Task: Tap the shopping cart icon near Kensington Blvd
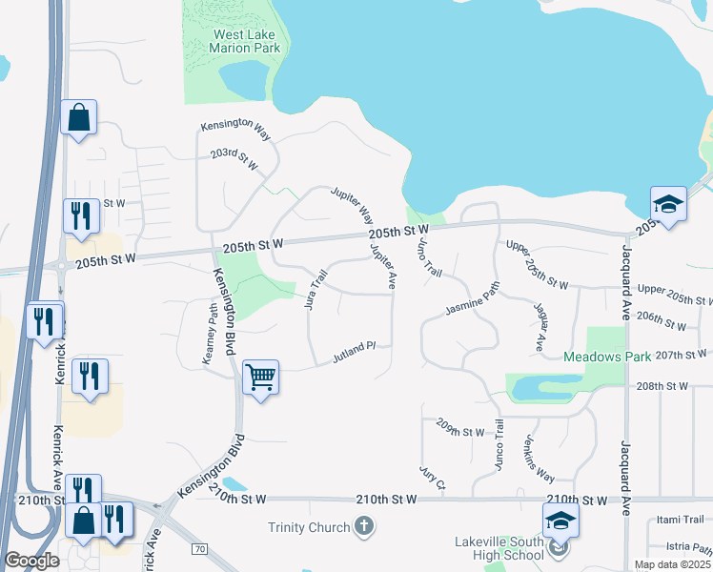(x=260, y=378)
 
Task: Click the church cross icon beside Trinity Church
(x=363, y=525)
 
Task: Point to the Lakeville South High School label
(x=497, y=549)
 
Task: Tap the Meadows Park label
(x=606, y=357)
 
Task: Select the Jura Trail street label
(x=316, y=289)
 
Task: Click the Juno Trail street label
(x=430, y=255)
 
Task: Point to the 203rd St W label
(x=235, y=159)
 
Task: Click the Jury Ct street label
(x=432, y=478)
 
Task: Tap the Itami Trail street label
(x=680, y=520)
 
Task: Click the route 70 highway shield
(x=199, y=549)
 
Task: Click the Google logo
(x=31, y=561)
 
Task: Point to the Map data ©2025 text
(x=672, y=564)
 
